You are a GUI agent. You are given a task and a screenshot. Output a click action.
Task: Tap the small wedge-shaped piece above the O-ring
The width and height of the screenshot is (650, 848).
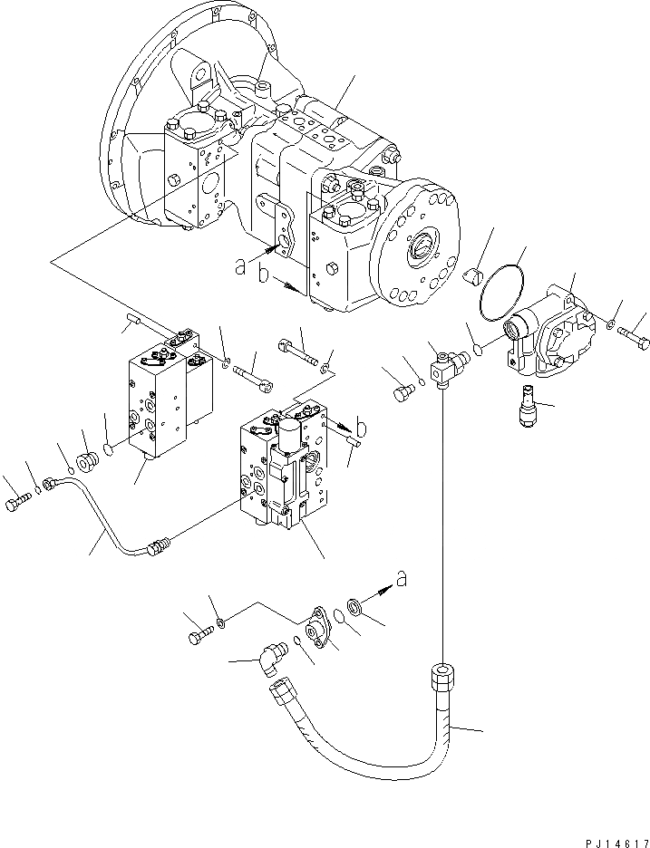coord(470,278)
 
